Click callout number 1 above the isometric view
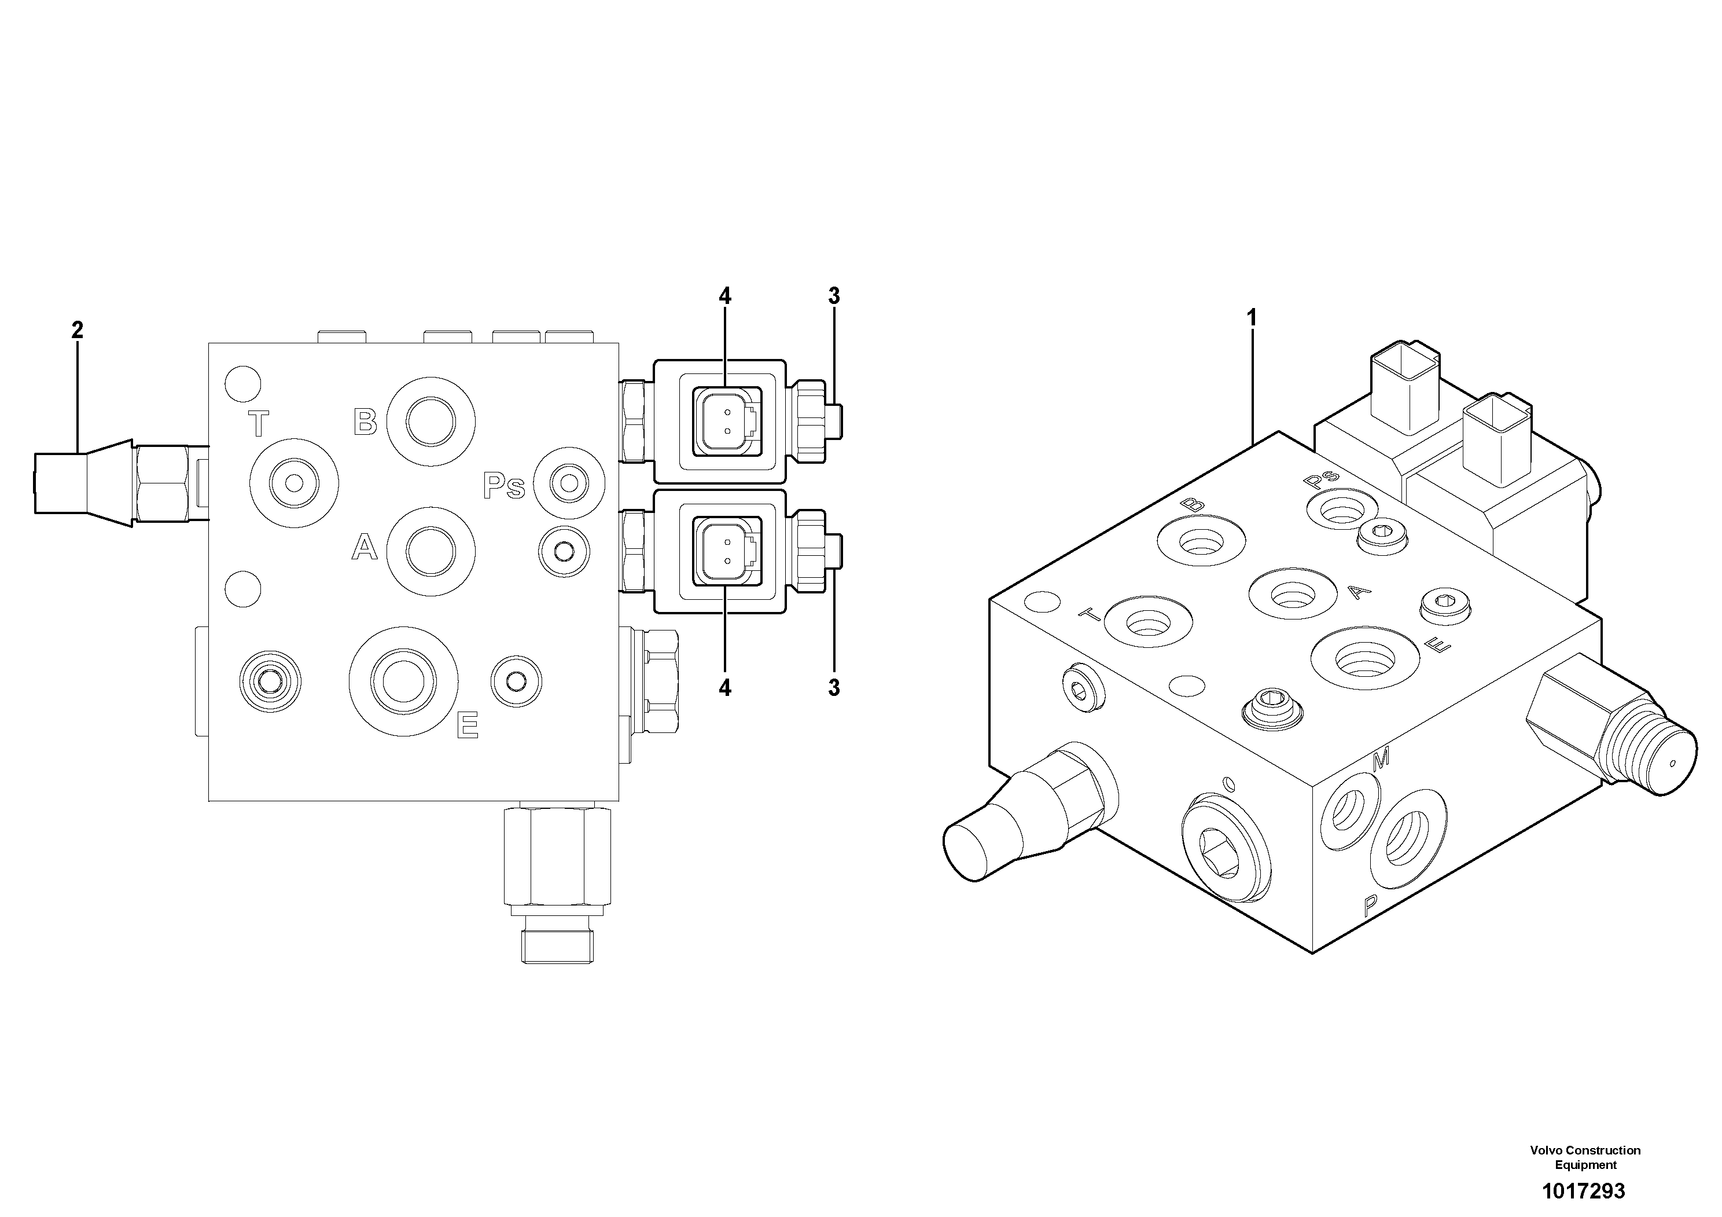[x=1250, y=318]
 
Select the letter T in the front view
[x=258, y=424]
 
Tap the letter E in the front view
[x=468, y=725]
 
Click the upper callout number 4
[x=724, y=296]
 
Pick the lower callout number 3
[x=834, y=687]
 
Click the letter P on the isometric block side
[x=1370, y=908]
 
